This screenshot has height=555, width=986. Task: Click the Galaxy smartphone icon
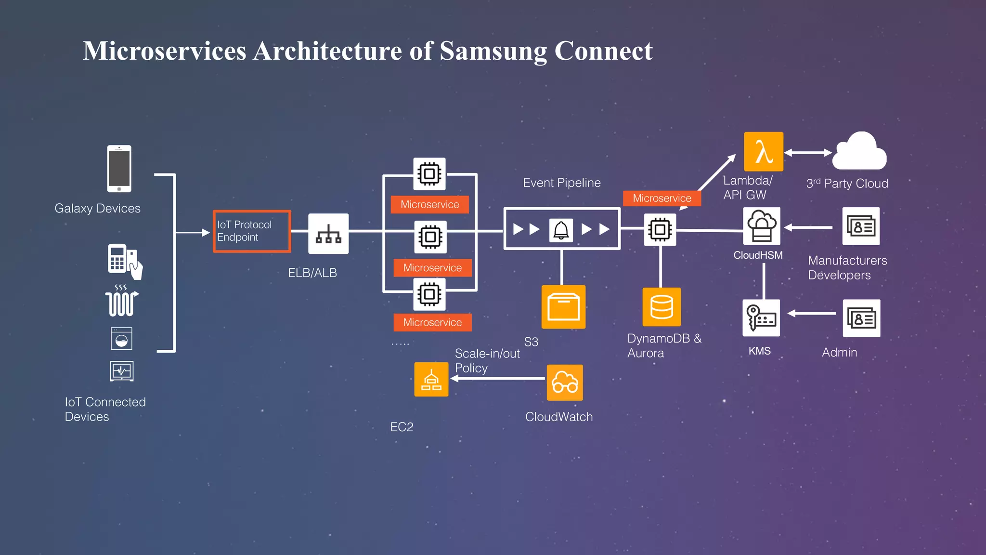[x=119, y=169]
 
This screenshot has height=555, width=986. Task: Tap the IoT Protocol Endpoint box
[x=252, y=231]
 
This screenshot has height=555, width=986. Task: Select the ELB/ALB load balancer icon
[x=328, y=234]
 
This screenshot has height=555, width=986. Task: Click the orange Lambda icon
[x=763, y=152]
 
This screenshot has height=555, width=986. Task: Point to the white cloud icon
[x=859, y=152]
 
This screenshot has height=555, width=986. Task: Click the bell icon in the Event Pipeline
[x=561, y=230]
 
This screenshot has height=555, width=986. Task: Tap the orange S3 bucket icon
[x=563, y=307]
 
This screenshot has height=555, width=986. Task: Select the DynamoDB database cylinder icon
[x=662, y=307]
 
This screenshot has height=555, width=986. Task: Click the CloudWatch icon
[x=565, y=383]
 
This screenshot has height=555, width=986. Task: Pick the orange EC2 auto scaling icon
[x=431, y=380]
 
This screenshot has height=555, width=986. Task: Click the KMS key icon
[x=761, y=318]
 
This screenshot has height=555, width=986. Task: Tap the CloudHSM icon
[x=761, y=226]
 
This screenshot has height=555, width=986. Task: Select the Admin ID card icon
[x=861, y=318]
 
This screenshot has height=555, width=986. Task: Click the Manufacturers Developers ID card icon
[x=861, y=226]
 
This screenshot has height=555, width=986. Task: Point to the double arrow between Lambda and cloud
[x=808, y=153]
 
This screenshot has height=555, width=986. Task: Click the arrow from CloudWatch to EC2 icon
[x=498, y=379]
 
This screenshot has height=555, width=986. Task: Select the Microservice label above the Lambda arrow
[x=662, y=198]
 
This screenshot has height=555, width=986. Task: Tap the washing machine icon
[x=121, y=339]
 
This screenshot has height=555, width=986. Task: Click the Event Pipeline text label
[x=561, y=183]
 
